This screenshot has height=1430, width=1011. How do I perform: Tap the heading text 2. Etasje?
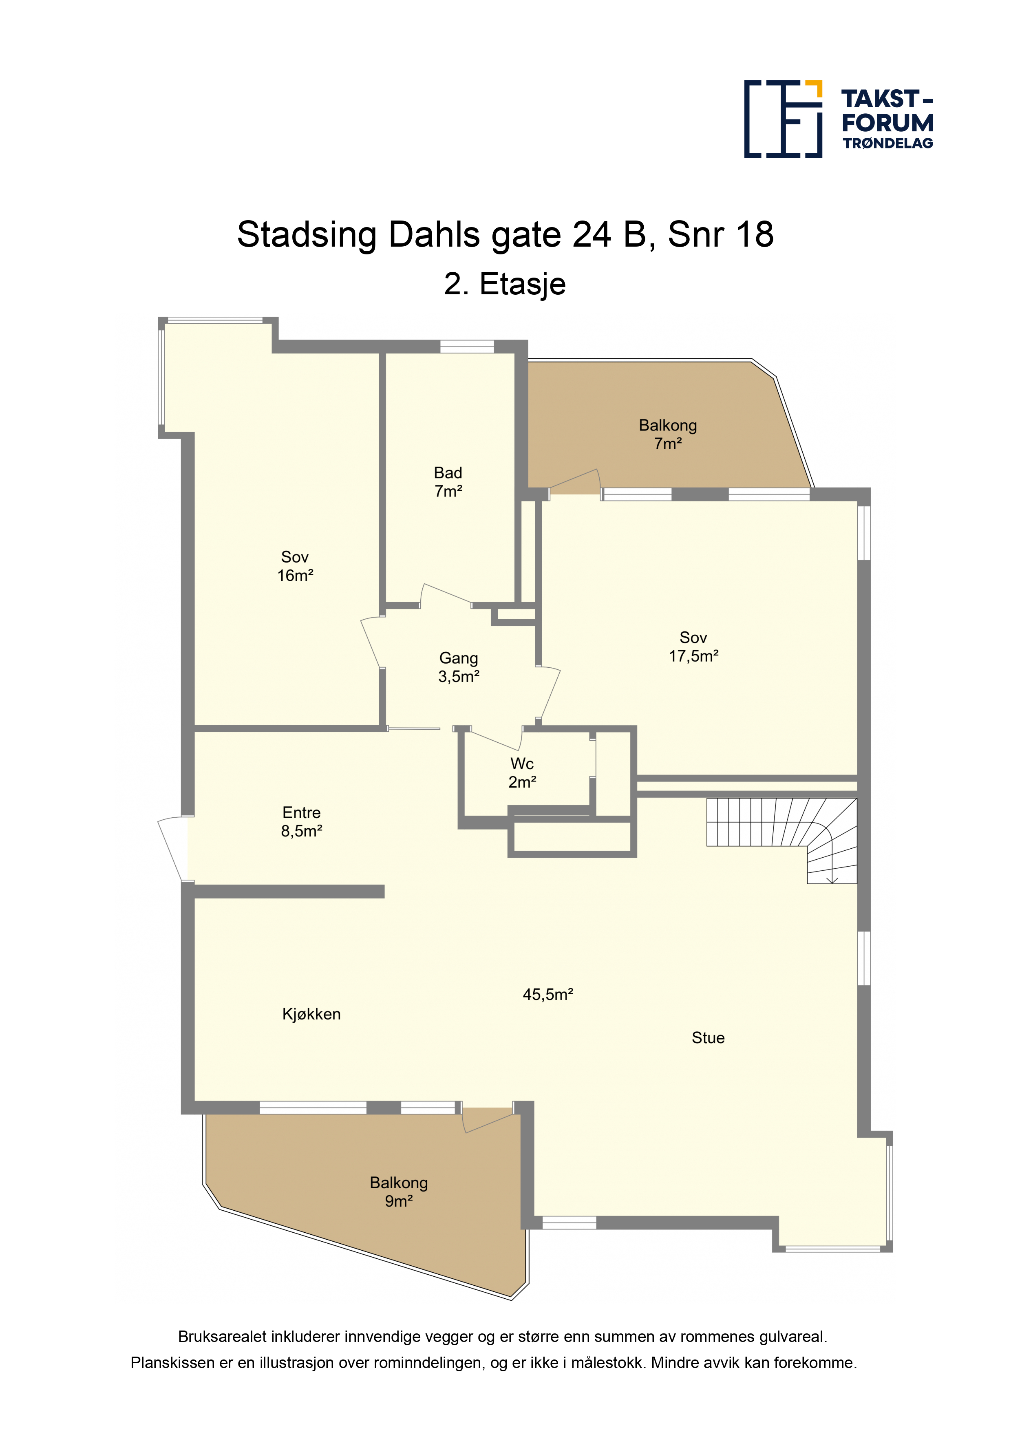(x=505, y=285)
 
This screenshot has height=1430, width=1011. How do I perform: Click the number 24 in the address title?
(x=592, y=235)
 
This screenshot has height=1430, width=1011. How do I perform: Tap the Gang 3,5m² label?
(x=459, y=667)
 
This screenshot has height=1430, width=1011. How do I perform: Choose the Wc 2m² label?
(x=522, y=773)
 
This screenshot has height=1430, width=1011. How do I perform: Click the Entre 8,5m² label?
(x=302, y=821)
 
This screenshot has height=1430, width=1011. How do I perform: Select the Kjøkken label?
(x=311, y=1014)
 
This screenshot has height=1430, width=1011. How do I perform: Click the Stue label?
(x=708, y=1037)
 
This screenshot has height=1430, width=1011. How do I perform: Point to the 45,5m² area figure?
(x=547, y=995)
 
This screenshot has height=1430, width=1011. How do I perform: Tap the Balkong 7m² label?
(x=668, y=434)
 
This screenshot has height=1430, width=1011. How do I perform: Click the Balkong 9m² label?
(x=399, y=1192)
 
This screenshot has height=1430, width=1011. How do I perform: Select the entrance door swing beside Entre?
(x=172, y=848)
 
